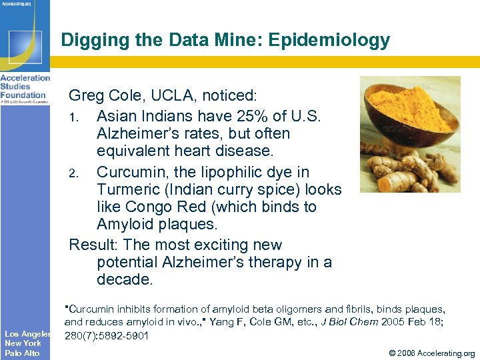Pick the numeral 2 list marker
point(75,173)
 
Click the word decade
point(125,280)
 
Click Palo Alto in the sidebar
point(22,353)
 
